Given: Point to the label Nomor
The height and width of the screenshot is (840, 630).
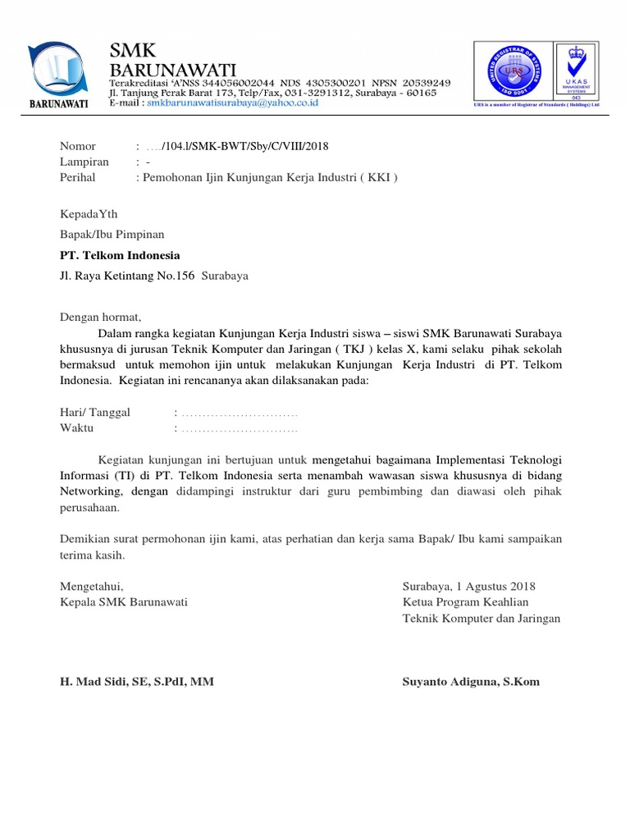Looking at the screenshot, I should pos(78,146).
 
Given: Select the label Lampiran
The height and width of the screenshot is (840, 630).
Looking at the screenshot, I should pos(84,162).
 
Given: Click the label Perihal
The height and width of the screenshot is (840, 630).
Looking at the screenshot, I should pos(78,176).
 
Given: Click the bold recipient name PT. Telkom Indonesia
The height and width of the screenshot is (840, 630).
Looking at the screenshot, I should pos(120,255).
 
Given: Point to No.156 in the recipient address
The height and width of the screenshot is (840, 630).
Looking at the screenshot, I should pos(176,276).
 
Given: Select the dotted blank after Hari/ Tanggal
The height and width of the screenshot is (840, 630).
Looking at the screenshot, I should pos(239,413).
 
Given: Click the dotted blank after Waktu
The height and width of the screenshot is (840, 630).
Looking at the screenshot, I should pos(239,428).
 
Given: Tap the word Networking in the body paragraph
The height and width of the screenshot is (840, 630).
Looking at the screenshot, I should pos(90,491).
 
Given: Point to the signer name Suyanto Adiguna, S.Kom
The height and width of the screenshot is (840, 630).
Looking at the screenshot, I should pos(471,682).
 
